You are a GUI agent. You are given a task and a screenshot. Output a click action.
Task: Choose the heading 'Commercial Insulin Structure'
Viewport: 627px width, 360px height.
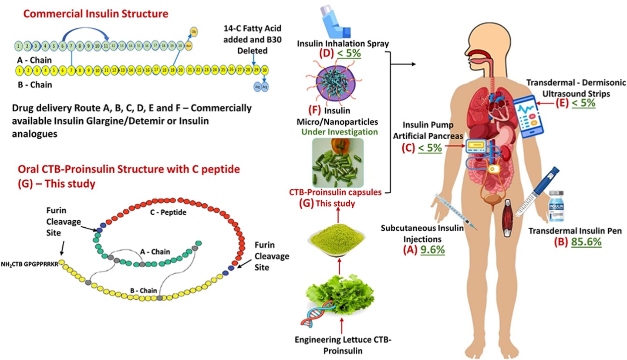tap(96, 13)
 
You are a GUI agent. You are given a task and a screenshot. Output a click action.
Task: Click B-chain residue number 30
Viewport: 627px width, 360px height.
tap(265, 70)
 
